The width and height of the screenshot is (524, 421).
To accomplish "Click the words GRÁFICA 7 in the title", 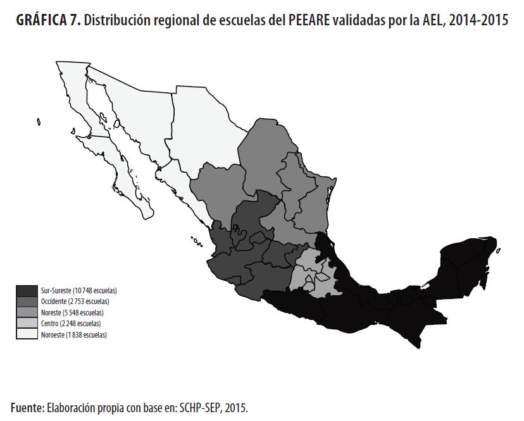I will tap(45, 21).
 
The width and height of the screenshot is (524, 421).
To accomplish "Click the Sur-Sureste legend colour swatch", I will tap(27, 290).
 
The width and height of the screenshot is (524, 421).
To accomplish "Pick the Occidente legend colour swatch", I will tap(27, 302).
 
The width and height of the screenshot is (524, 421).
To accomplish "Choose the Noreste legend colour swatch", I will tap(27, 312).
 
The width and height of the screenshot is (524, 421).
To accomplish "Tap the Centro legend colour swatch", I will tap(27, 324).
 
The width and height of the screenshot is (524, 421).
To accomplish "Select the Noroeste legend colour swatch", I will tap(27, 334).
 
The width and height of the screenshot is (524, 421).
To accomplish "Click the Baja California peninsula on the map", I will tap(108, 152).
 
